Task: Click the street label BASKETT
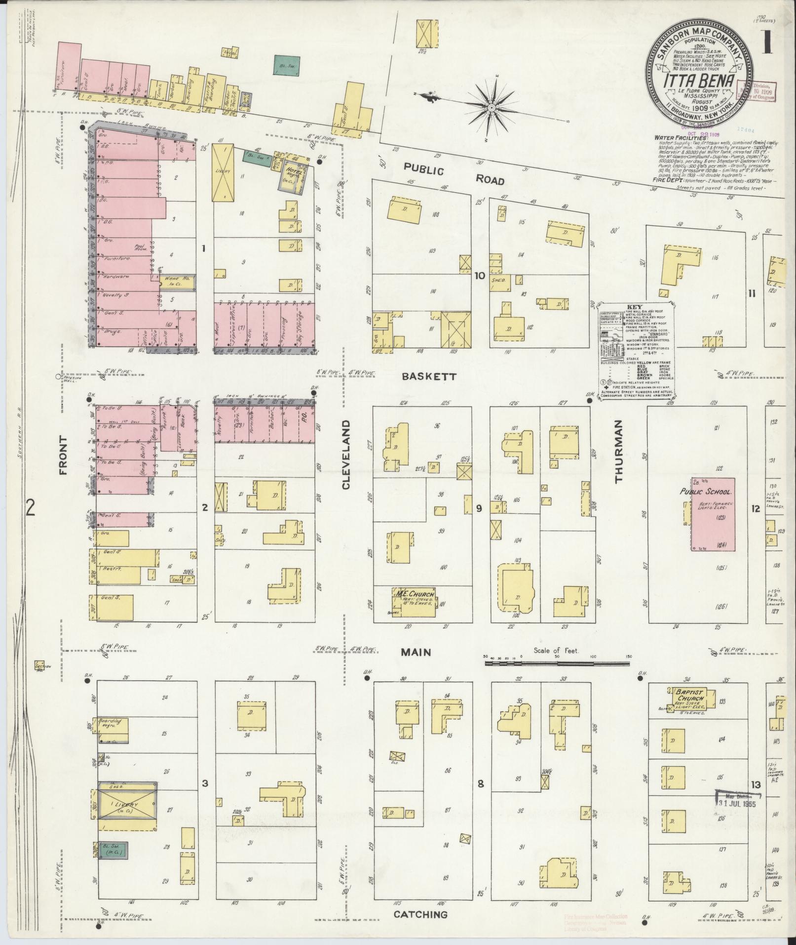(422, 376)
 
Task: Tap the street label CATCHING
(420, 914)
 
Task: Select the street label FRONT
(63, 455)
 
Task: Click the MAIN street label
(416, 652)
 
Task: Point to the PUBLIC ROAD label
(454, 175)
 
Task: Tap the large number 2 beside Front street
(32, 507)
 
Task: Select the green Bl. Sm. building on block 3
(113, 851)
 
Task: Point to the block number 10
(479, 276)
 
